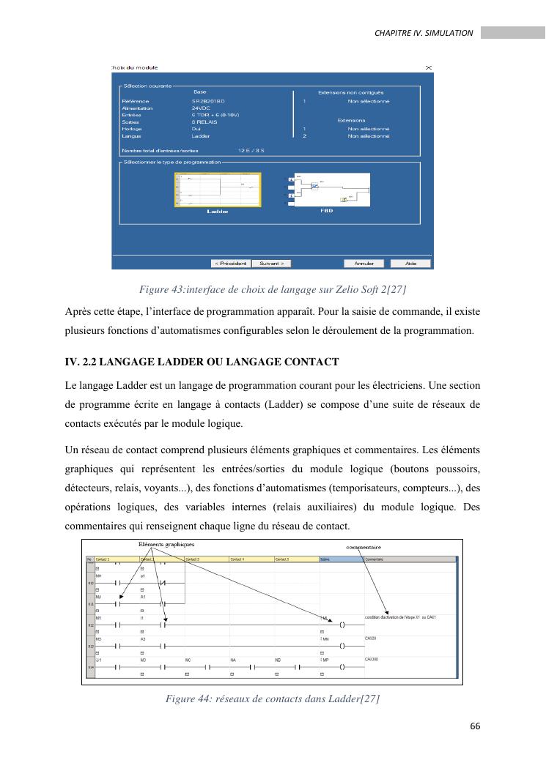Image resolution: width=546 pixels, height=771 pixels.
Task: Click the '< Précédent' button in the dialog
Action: click(x=230, y=264)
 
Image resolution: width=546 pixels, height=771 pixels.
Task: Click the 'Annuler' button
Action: click(x=364, y=264)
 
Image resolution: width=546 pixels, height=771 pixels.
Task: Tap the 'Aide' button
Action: click(x=411, y=264)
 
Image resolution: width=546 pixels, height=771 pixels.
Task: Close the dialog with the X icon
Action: click(x=429, y=67)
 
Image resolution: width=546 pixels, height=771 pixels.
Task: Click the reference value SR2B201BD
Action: click(x=210, y=101)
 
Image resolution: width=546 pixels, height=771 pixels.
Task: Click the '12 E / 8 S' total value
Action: click(x=251, y=149)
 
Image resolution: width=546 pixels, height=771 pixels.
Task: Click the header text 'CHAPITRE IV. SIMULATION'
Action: click(x=424, y=33)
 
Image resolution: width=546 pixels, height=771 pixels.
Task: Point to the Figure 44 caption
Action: click(x=273, y=699)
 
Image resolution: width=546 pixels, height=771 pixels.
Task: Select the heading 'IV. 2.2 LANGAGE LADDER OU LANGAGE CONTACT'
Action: click(x=202, y=362)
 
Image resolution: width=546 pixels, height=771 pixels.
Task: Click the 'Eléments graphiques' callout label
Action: click(x=166, y=545)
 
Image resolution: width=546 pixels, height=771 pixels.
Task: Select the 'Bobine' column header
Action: click(x=327, y=559)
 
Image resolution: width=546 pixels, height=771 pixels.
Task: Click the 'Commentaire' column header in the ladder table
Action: click(x=377, y=559)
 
